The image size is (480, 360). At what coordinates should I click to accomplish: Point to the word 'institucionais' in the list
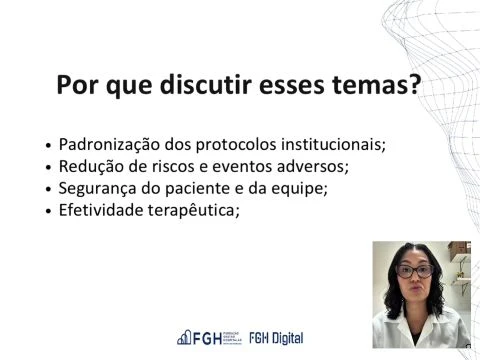click(333, 144)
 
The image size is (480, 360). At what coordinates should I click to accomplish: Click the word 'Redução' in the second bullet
click(88, 166)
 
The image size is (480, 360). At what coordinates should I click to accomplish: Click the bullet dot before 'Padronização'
click(49, 146)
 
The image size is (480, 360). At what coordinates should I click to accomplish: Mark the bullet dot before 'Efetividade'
click(49, 212)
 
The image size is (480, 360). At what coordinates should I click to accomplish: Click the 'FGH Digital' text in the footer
click(276, 337)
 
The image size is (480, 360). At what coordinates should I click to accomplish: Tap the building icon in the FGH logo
click(184, 337)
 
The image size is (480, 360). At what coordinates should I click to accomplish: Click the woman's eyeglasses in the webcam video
click(415, 272)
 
